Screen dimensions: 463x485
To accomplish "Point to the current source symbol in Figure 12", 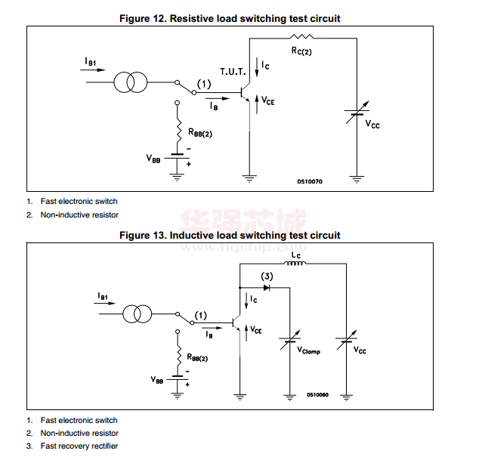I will click(131, 83).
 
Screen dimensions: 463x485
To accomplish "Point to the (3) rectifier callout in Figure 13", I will click(267, 276).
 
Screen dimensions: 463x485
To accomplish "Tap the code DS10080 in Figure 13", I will click(318, 394).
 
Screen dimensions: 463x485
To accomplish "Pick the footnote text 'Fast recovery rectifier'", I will click(79, 446).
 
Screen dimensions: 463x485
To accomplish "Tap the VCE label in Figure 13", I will click(257, 330).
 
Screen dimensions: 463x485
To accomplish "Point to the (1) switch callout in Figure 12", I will click(204, 83).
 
